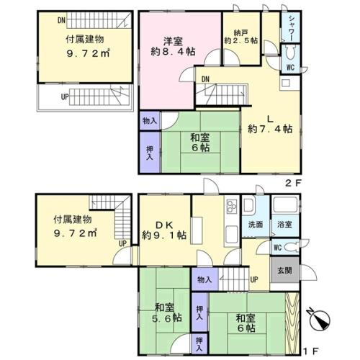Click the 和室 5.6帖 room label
[162, 311]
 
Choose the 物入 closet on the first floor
[204, 279]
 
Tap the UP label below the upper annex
[64, 96]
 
